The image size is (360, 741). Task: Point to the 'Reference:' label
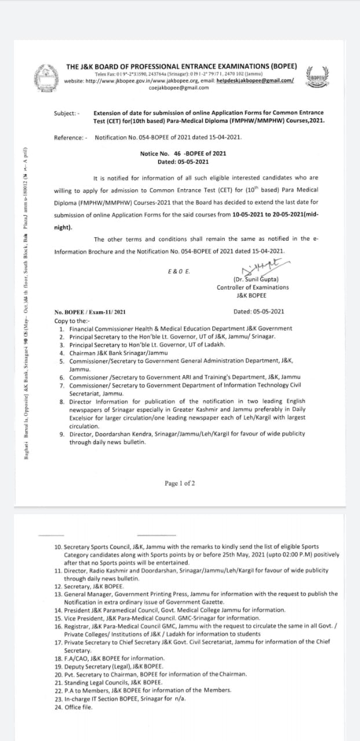(71, 137)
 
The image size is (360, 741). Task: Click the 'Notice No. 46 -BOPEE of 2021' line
(183, 153)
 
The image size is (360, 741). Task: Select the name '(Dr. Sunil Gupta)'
(252, 279)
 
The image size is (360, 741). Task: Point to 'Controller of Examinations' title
(252, 287)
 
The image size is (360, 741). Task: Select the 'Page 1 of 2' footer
(179, 483)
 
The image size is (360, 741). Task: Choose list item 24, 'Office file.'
(80, 707)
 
